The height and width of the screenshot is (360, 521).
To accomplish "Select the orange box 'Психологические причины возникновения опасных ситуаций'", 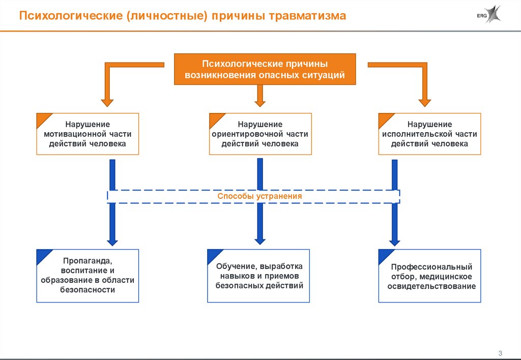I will point(265,69).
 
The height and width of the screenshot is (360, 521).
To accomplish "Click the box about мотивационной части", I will point(88,134).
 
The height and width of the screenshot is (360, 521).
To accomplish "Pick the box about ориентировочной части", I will point(260,134).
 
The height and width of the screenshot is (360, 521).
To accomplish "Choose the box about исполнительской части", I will point(430,134).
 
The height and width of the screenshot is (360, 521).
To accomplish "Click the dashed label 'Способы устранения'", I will point(259,196).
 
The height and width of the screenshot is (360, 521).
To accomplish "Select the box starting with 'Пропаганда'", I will point(88,276).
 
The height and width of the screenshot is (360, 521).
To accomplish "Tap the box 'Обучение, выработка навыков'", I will point(259,276).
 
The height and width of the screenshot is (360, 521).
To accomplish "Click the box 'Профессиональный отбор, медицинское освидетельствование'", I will point(430,276).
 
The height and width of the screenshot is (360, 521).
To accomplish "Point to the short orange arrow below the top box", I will point(260,96).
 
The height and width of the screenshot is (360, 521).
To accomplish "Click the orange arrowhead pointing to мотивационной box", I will point(107,101).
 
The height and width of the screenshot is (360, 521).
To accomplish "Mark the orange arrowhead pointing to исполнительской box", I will point(424,101).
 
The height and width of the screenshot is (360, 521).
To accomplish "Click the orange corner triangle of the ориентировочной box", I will point(216,119).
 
